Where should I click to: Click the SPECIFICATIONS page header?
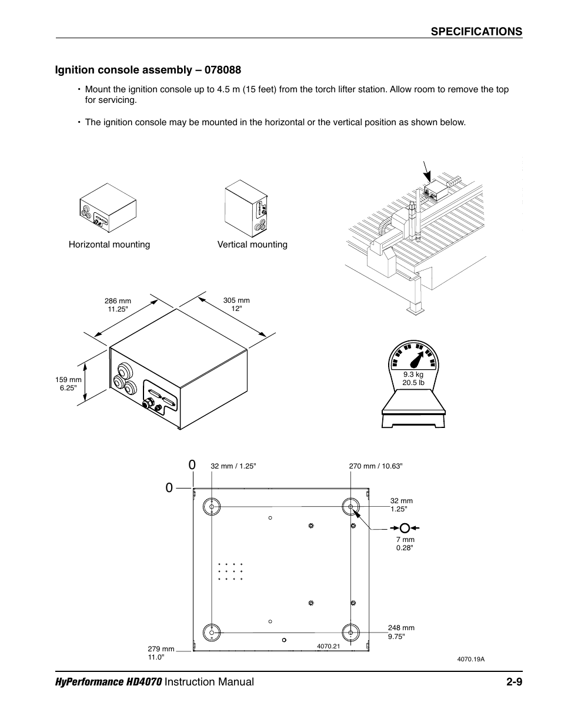coord(476,32)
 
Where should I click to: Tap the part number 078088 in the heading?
coord(220,70)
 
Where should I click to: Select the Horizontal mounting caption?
coord(109,245)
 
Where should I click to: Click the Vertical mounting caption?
coord(252,245)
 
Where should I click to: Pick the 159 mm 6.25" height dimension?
coord(68,384)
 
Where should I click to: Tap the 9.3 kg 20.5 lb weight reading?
coord(413,379)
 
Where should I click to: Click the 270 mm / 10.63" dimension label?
coord(375,466)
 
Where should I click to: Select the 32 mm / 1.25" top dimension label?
coord(233,466)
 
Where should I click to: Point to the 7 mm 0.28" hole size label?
coord(405,543)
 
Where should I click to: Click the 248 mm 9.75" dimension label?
coord(401,632)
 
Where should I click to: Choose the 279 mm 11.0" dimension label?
coord(161,653)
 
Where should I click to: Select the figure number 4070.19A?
coord(470,659)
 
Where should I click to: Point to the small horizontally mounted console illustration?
coord(108,208)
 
